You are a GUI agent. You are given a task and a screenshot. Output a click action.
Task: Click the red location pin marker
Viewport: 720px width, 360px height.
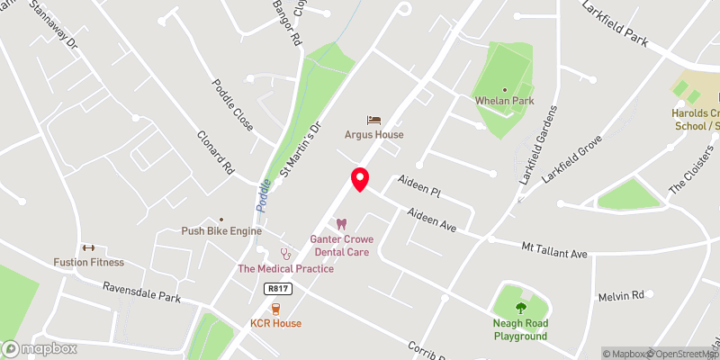[359, 179]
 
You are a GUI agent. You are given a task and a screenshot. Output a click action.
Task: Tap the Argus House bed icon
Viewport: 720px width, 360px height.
[373, 120]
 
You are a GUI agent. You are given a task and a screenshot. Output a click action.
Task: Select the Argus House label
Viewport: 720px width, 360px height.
[373, 135]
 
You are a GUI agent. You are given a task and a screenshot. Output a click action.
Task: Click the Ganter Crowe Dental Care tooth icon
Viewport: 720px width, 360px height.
[341, 224]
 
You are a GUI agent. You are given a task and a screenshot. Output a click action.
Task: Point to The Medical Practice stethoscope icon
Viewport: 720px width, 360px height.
[285, 254]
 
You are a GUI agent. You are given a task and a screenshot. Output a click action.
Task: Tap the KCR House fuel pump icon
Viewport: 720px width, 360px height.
[276, 308]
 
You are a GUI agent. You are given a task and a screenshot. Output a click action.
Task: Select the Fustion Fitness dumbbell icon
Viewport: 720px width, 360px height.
[87, 247]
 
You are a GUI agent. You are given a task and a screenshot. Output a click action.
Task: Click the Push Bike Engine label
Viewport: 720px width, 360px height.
[220, 231]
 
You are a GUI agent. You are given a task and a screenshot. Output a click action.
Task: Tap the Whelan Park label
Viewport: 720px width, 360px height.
[505, 101]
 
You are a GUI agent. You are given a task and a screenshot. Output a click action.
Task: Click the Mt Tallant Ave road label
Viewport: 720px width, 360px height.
[555, 249]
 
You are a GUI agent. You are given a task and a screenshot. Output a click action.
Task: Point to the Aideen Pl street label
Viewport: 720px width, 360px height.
[422, 191]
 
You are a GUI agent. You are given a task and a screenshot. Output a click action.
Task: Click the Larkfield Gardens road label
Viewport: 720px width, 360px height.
[537, 145]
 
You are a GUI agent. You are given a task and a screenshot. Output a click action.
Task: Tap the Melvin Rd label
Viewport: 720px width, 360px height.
[622, 295]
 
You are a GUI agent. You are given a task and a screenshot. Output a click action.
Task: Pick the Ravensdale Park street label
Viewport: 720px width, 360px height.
[141, 291]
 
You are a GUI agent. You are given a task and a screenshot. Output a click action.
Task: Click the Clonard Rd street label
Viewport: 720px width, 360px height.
[215, 154]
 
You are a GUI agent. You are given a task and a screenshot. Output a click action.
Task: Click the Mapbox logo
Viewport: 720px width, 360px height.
[40, 348]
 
